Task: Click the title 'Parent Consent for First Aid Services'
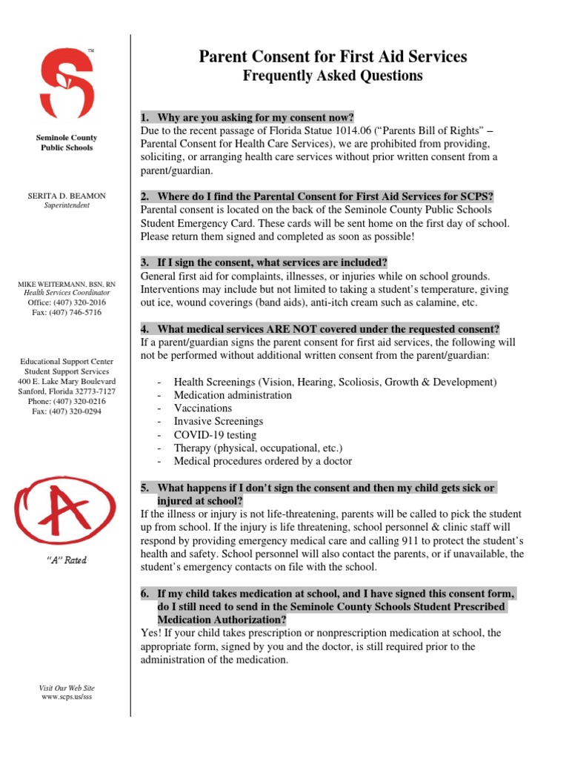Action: [x=333, y=57]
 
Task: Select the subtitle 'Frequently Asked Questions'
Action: [x=333, y=76]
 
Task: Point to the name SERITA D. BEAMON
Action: [x=67, y=196]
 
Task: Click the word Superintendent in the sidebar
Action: [x=67, y=205]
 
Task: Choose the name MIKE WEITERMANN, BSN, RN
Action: [x=67, y=285]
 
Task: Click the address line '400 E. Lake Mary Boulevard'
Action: [x=67, y=381]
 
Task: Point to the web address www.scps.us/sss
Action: [x=67, y=697]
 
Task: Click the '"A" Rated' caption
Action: [x=67, y=560]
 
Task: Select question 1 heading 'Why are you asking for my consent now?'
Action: [x=256, y=118]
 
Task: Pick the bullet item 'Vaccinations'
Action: [x=203, y=408]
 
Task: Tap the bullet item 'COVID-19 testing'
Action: [x=215, y=435]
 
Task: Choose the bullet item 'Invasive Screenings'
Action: [x=219, y=422]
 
